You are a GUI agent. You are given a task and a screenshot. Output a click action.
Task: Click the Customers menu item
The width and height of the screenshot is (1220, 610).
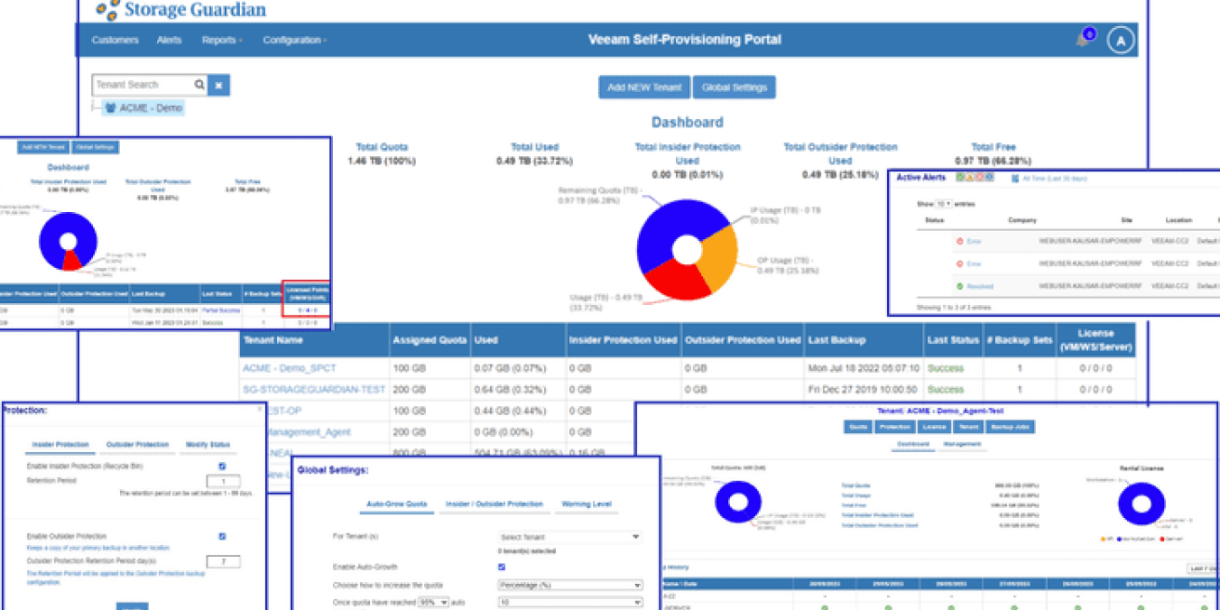click(114, 40)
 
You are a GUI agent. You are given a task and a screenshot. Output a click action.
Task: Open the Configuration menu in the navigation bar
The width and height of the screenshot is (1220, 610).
click(294, 40)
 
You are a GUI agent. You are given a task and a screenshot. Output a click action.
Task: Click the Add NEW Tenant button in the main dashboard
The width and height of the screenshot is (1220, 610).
click(643, 87)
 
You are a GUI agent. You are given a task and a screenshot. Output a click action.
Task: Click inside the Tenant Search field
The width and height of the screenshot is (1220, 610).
click(143, 85)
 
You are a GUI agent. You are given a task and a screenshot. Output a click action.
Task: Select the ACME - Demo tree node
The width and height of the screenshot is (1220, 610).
click(150, 108)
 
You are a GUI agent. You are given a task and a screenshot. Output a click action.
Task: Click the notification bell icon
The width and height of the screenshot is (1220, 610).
click(1082, 39)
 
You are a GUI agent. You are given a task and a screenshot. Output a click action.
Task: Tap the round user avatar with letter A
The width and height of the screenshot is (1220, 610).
click(1121, 41)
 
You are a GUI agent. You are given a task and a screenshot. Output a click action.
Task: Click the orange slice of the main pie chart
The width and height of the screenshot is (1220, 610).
click(717, 246)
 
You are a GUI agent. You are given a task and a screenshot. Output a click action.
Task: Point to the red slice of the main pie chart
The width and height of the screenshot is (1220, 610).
click(677, 280)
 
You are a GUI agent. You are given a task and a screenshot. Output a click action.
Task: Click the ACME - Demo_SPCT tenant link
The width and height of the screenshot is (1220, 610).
click(289, 368)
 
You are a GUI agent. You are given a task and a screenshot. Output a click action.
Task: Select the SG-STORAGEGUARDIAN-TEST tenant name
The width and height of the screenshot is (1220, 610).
click(313, 390)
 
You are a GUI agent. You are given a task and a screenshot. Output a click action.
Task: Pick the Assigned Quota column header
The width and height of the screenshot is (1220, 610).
click(430, 340)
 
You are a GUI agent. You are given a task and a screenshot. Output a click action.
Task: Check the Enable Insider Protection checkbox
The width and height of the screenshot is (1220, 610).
click(222, 466)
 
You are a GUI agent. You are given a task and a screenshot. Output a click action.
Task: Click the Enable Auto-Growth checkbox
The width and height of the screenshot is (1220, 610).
click(502, 566)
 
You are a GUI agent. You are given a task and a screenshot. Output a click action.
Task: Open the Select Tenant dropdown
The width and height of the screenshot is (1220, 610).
click(569, 537)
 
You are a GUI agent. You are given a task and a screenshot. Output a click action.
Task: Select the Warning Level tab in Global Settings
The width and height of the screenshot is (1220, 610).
click(586, 504)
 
